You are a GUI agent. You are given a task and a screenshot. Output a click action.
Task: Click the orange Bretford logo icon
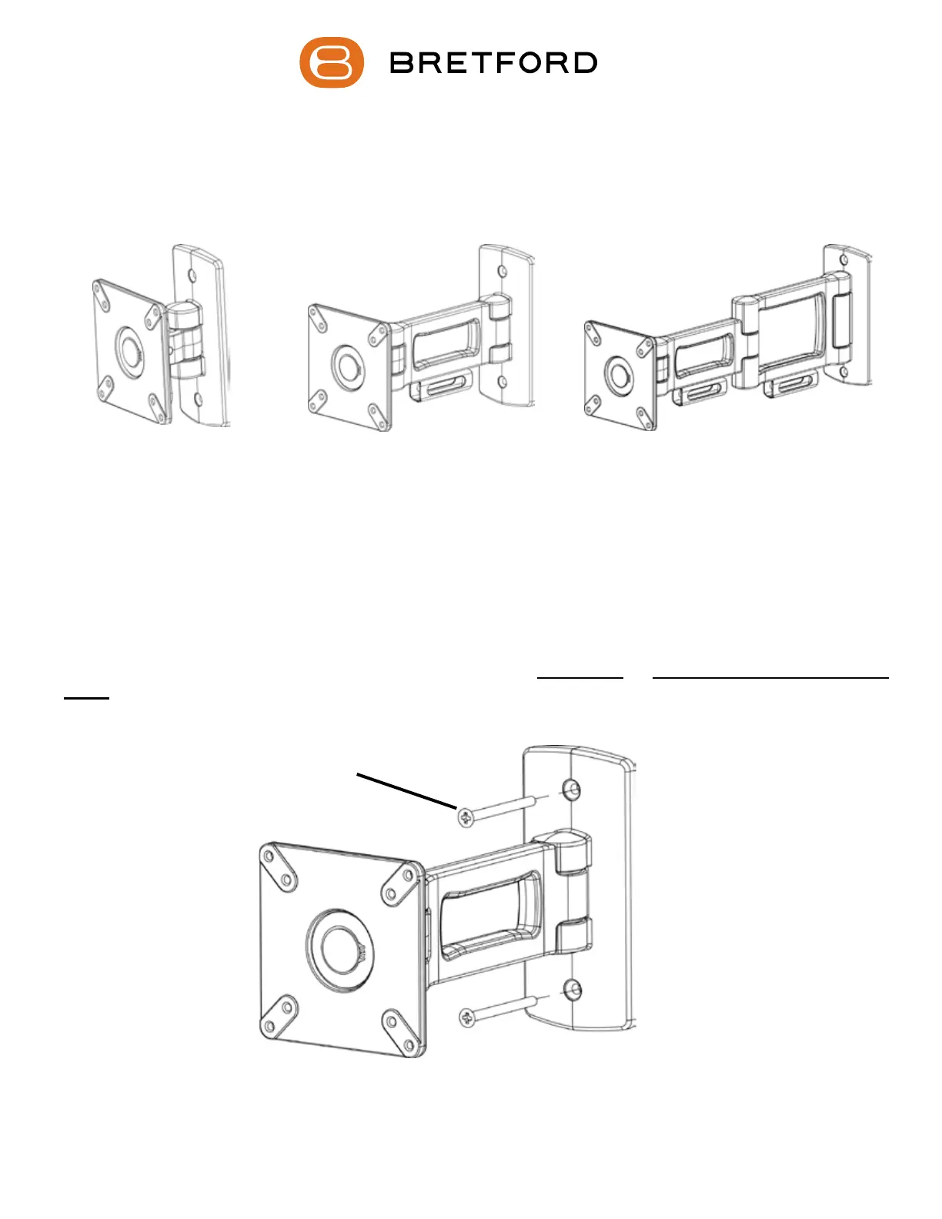331,62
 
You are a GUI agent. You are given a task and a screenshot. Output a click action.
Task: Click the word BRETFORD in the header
493,63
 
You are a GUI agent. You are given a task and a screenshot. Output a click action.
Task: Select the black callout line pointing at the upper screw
407,791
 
